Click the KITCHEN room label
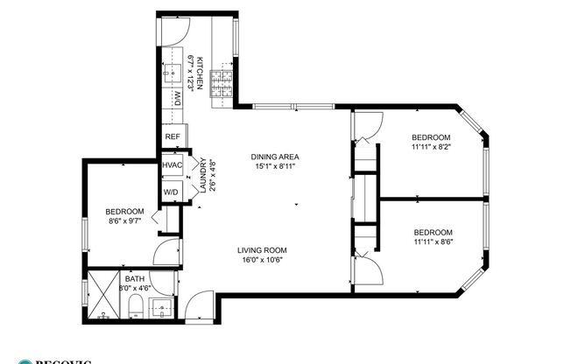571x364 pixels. coord(200,71)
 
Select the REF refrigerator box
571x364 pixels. coord(173,136)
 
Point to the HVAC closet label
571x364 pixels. coord(172,165)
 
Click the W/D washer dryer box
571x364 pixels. coord(171,192)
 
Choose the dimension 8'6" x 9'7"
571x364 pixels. coord(123,222)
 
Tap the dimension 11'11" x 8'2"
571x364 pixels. coord(432,148)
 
